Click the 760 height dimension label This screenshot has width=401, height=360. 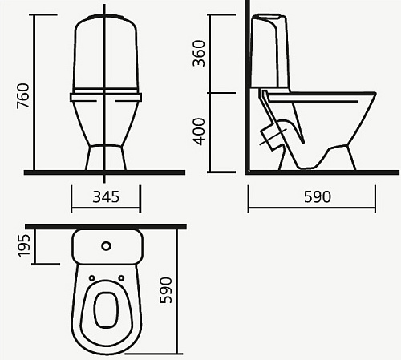[23, 96]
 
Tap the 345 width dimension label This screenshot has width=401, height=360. [106, 197]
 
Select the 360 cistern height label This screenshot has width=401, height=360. [199, 53]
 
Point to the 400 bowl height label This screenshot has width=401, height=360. [199, 131]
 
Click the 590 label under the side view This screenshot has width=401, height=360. [318, 197]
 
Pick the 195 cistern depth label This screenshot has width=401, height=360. [23, 245]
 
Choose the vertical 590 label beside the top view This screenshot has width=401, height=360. [165, 290]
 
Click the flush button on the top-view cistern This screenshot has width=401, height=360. [106, 246]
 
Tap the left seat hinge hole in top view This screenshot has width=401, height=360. [91, 278]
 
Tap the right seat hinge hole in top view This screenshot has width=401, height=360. [121, 278]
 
